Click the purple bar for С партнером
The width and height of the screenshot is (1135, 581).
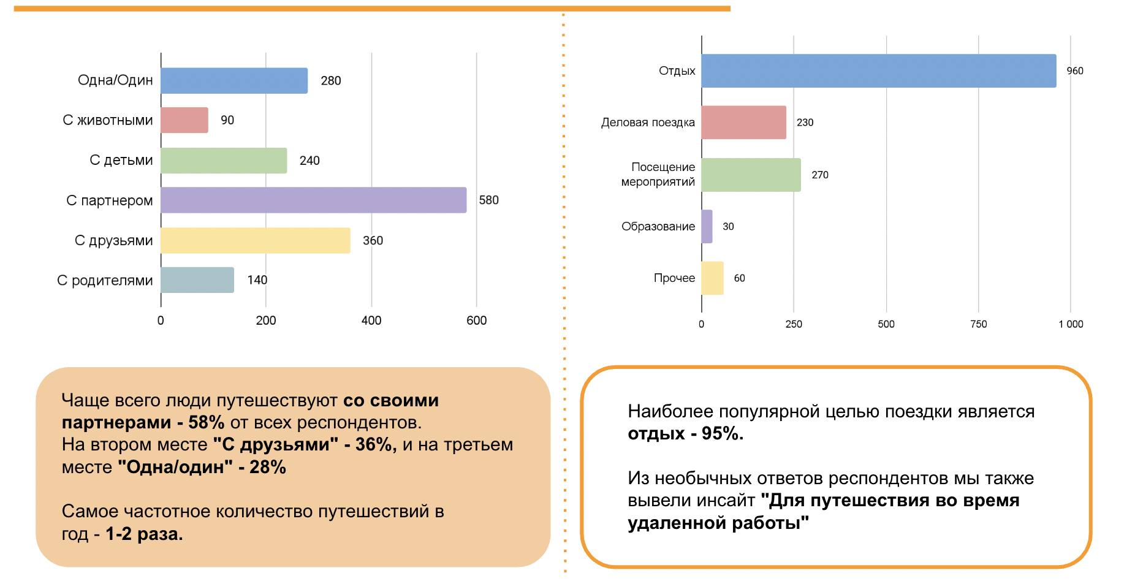click(313, 200)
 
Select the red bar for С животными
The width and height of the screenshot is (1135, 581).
click(184, 120)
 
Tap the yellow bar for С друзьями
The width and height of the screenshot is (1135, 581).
click(256, 240)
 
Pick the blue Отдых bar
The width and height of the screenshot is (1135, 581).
click(878, 71)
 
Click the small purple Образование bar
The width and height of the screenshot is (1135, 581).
click(707, 227)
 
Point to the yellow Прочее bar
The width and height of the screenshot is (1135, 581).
click(712, 278)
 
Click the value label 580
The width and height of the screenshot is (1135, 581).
click(488, 200)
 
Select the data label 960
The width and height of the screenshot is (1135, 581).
click(1074, 71)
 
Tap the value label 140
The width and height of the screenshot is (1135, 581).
click(257, 280)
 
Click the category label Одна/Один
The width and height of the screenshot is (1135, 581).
click(115, 80)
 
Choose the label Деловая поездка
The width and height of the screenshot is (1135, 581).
click(648, 123)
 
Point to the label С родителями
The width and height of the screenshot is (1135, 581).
click(105, 281)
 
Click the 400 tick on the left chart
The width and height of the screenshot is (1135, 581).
click(371, 321)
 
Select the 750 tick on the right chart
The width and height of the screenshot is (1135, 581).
click(978, 324)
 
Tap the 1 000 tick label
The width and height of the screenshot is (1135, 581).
click(1071, 324)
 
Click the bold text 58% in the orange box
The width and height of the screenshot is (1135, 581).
click(206, 422)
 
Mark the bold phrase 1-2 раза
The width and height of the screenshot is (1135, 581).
click(144, 534)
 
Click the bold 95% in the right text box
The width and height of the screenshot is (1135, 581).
click(722, 433)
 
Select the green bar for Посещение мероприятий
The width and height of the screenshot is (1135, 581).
click(751, 175)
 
